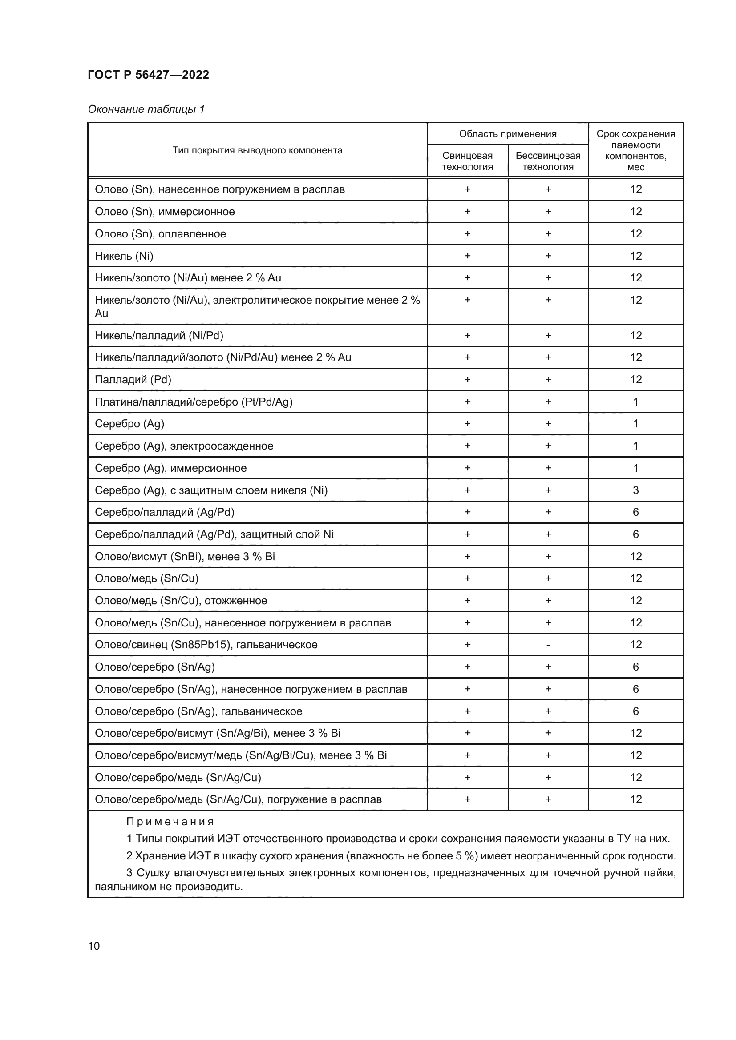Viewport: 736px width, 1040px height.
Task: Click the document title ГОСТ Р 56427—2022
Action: pyautogui.click(x=148, y=75)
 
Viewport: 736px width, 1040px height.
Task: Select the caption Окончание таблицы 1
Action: pyautogui.click(x=146, y=109)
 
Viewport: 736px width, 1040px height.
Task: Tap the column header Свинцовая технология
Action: pyautogui.click(x=467, y=161)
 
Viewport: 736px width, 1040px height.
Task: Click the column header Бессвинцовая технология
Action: pyautogui.click(x=547, y=161)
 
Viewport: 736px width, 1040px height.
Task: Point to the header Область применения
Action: pyautogui.click(x=507, y=134)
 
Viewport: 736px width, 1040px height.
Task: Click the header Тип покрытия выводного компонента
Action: pyautogui.click(x=257, y=150)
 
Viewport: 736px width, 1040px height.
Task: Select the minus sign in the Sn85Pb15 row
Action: pyautogui.click(x=548, y=645)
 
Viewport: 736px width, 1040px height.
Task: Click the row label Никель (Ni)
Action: pyautogui.click(x=124, y=256)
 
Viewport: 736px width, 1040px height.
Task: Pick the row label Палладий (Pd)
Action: pyautogui.click(x=133, y=380)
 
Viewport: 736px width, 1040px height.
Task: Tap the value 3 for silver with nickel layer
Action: pyautogui.click(x=635, y=490)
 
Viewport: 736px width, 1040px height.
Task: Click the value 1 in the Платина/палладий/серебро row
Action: pyautogui.click(x=635, y=402)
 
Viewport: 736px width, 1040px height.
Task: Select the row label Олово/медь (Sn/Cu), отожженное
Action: pyautogui.click(x=181, y=601)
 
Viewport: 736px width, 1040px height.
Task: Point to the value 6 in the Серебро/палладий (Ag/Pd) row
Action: pyautogui.click(x=635, y=512)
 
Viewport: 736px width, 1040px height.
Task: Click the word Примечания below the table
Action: pyautogui.click(x=170, y=822)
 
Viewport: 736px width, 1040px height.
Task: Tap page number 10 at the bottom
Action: pyautogui.click(x=94, y=946)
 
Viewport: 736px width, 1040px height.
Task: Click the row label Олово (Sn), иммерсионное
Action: pyautogui.click(x=165, y=212)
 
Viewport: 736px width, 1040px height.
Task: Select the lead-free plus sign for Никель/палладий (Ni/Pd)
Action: pyautogui.click(x=548, y=336)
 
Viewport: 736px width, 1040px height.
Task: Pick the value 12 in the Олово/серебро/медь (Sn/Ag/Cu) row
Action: pyautogui.click(x=635, y=777)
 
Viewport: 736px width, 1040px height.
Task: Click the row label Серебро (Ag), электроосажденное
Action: pyautogui.click(x=184, y=446)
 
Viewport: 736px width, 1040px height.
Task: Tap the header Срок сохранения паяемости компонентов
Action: pyautogui.click(x=635, y=150)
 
